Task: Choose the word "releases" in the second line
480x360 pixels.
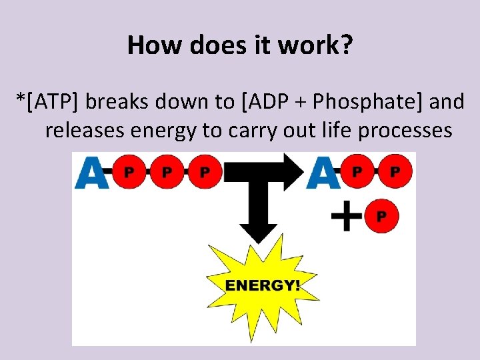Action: coord(84,131)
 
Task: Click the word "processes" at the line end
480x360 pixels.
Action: coord(405,131)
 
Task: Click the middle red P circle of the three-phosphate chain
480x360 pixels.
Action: coord(167,172)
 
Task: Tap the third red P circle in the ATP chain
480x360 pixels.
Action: coord(205,172)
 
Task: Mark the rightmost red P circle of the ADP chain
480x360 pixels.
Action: coord(395,172)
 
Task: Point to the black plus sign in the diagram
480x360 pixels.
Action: coord(347,217)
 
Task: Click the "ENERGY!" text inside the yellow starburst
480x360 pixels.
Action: coord(263,285)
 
